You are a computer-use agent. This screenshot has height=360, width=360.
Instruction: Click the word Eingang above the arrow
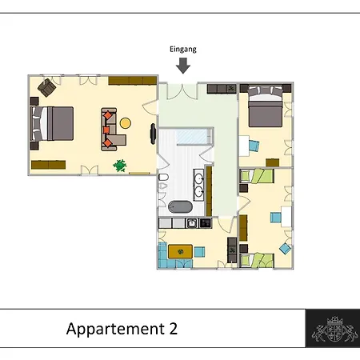183,50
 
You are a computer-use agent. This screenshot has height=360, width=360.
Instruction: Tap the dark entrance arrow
183,66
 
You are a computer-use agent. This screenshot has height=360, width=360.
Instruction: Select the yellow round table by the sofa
126,123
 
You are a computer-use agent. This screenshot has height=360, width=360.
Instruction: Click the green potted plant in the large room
120,166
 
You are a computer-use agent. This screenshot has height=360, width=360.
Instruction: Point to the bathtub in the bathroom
180,207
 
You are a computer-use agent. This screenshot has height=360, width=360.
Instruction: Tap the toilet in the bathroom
163,177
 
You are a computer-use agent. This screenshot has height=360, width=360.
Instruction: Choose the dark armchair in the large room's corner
46,87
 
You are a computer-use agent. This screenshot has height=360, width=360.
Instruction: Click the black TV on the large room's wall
153,134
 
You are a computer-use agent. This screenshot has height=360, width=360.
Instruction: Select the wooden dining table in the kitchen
180,251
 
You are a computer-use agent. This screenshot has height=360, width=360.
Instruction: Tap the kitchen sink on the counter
192,223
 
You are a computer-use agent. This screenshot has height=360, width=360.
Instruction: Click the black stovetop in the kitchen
206,223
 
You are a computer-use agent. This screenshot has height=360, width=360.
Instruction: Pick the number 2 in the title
173,329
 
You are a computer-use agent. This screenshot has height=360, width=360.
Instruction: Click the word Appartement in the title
115,330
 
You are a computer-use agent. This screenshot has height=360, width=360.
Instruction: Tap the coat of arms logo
335,329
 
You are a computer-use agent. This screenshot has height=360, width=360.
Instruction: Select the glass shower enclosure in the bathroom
194,137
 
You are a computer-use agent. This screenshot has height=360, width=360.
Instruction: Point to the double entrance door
182,91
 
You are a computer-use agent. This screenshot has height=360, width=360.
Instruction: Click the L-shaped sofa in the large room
113,130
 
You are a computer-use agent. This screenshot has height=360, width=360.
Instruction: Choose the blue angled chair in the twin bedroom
285,249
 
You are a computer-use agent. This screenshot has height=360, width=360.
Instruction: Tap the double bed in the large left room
52,123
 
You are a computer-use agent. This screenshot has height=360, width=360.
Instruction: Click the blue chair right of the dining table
199,252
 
